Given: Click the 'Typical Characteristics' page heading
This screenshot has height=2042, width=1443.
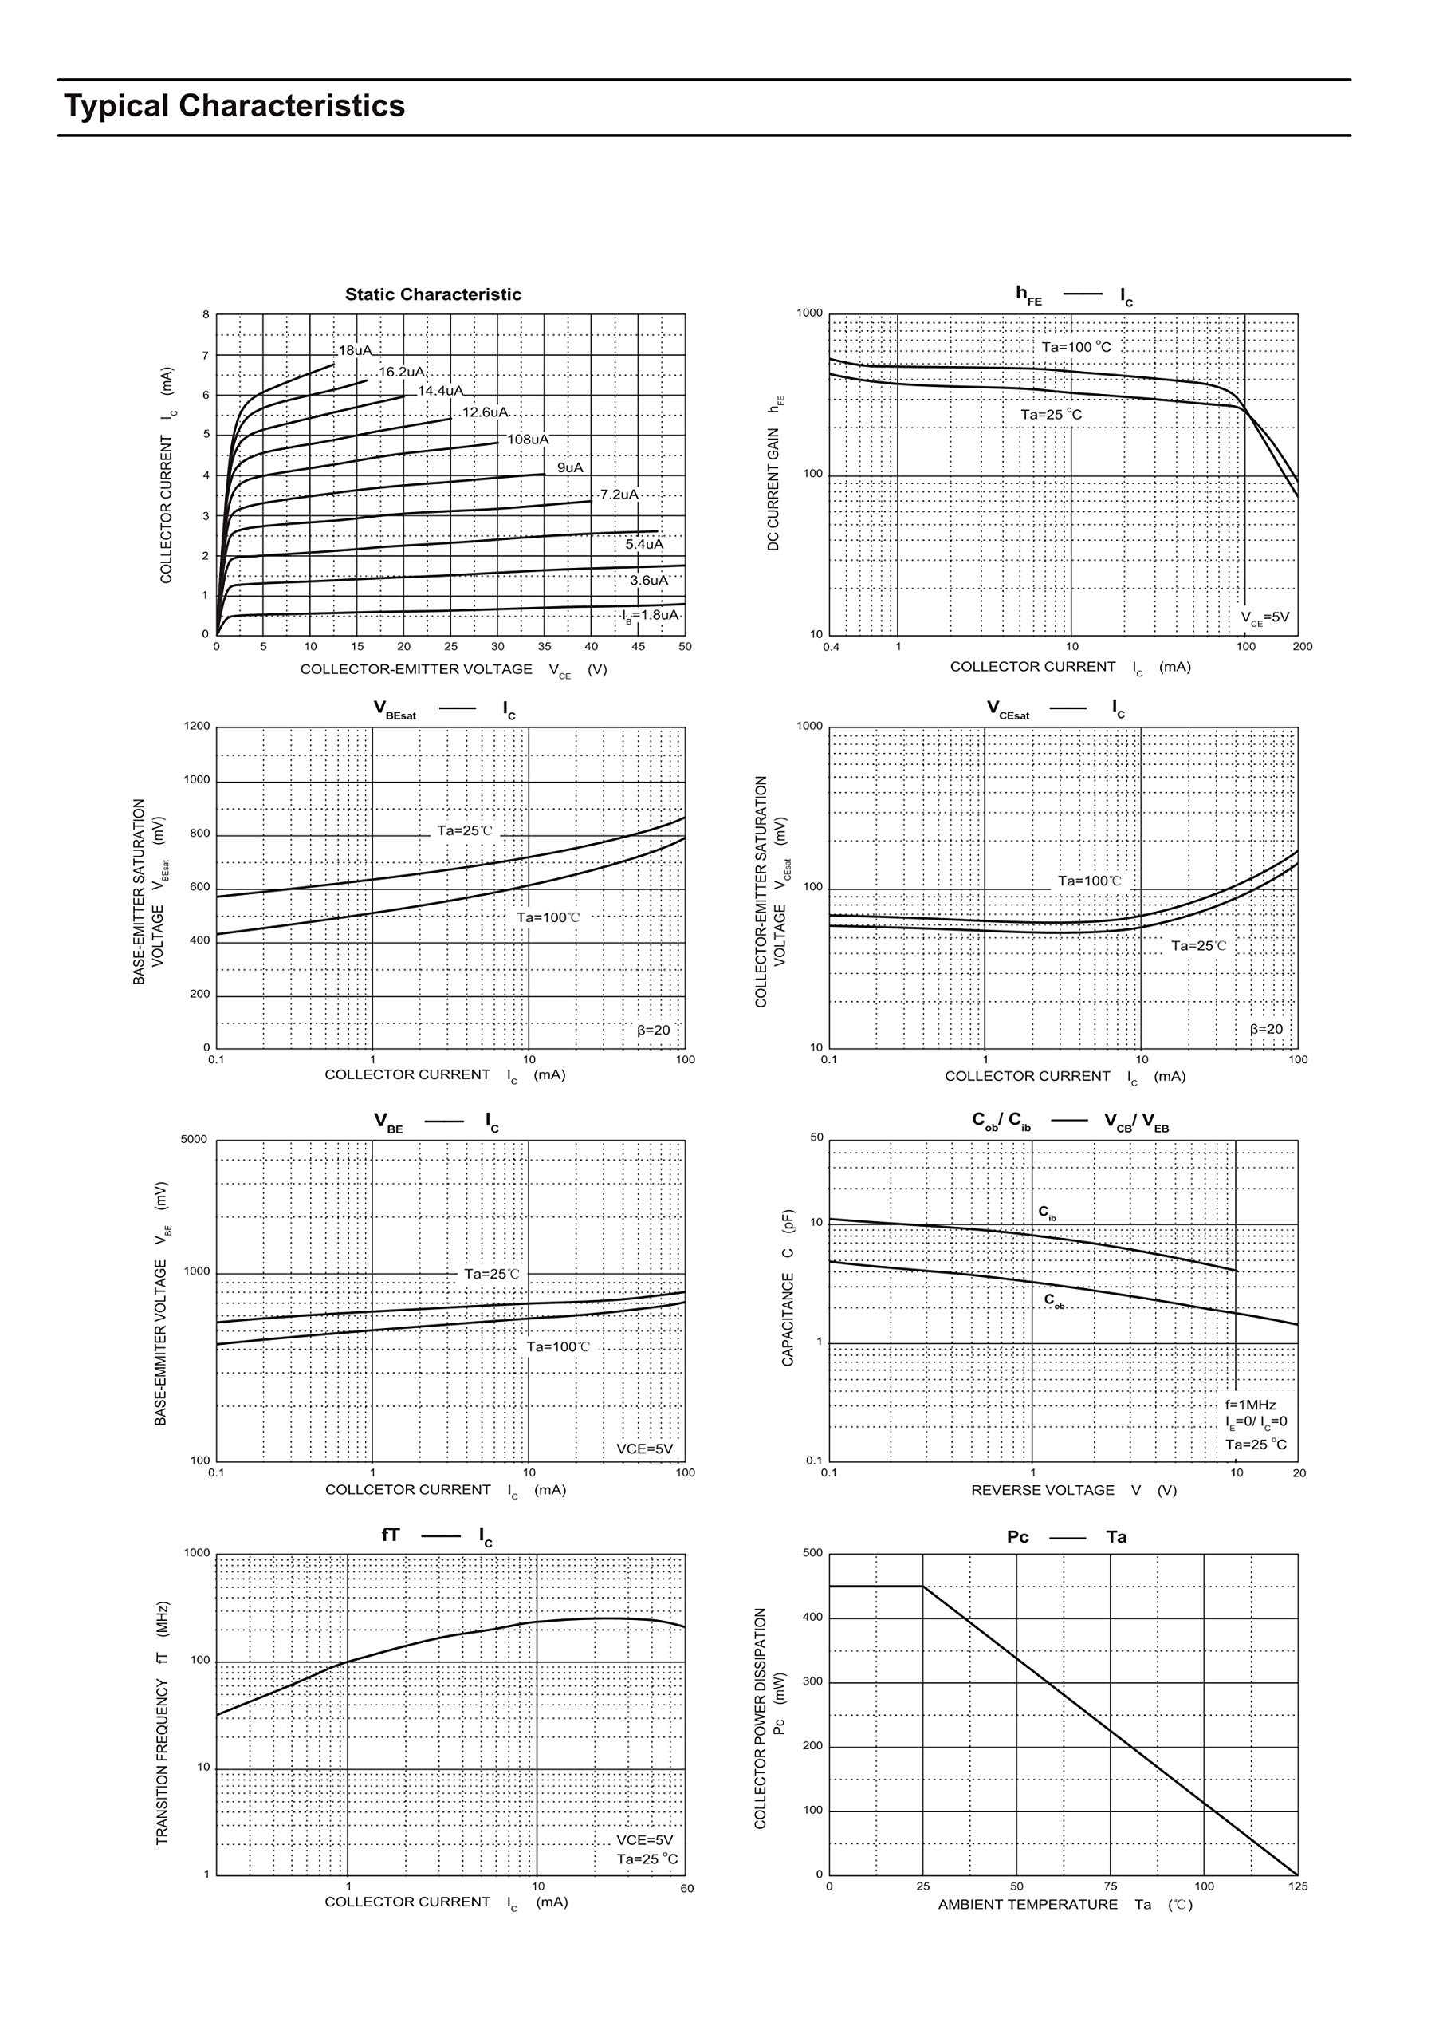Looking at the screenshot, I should pos(234,106).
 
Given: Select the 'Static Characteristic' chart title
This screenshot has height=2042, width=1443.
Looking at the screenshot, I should pos(433,294).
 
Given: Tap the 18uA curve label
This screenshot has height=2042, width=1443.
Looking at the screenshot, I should pos(355,350).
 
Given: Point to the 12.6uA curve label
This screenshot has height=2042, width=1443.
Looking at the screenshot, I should pos(485,412).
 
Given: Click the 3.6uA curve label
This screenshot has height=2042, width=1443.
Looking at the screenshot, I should pos(648,580).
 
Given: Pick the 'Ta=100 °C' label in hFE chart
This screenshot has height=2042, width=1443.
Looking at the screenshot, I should pos(1075,347).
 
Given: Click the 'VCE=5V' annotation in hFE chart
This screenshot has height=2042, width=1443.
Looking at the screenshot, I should pos(1264,617).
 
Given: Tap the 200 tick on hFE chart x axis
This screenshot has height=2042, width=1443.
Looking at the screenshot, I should pos(1303,647).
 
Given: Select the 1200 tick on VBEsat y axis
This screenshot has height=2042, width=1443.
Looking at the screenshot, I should pos(198,727).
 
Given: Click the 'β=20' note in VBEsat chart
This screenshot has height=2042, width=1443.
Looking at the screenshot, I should pos(654,1030).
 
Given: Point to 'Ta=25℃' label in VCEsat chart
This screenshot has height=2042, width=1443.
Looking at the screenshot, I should pos(1197,945).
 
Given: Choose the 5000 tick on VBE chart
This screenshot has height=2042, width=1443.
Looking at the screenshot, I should pos(194,1139).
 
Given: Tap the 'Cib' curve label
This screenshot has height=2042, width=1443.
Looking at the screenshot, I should pos(1048,1212).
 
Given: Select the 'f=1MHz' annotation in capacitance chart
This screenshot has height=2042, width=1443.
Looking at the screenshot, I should pos(1250,1405).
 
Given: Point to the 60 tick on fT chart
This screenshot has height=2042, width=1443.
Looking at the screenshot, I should pos(686,1888).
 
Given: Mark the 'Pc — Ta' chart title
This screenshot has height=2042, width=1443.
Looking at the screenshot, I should pos(1066,1537).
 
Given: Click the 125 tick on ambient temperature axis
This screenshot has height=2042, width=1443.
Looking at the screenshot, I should pos(1298,1886).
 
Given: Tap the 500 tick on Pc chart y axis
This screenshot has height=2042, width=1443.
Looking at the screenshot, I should pos(812,1553).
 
